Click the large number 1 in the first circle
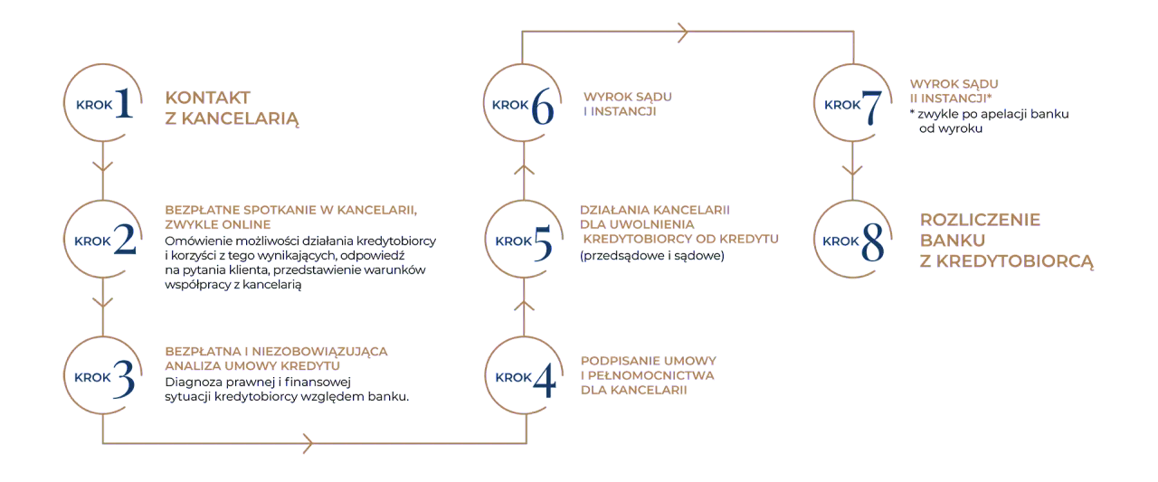(125, 105)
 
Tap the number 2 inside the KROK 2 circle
(125, 241)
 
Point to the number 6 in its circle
(543, 106)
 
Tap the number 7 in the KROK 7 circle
(872, 106)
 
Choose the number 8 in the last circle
(872, 241)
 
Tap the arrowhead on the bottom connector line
(308, 444)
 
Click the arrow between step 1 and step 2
(103, 166)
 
